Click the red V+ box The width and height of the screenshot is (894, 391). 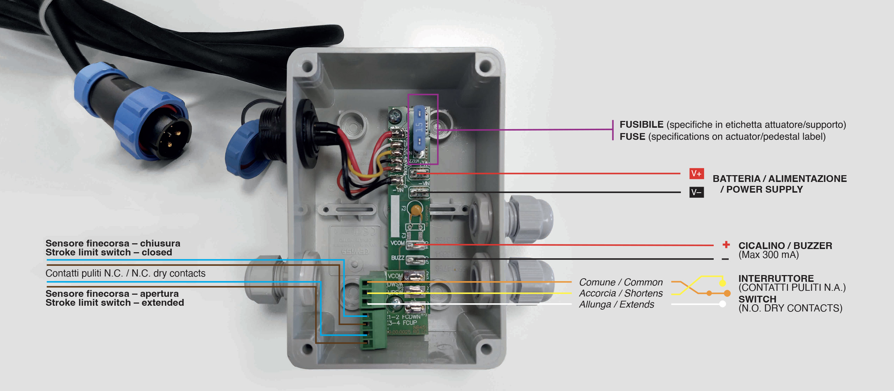click(x=696, y=174)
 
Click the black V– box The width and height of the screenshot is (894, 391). click(x=696, y=193)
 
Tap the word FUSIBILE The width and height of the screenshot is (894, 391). click(x=641, y=125)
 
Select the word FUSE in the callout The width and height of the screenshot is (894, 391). click(x=632, y=137)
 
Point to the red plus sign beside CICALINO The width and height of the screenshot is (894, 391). click(x=726, y=245)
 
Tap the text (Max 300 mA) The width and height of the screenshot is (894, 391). click(x=768, y=255)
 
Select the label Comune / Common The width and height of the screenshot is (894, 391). click(x=621, y=282)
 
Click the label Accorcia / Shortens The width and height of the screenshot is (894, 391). click(x=621, y=293)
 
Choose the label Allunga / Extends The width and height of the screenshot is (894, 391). click(x=617, y=304)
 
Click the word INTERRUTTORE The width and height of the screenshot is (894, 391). click(x=776, y=278)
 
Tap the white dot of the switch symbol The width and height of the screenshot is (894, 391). click(x=723, y=304)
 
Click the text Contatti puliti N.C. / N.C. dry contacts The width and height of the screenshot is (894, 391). click(x=125, y=273)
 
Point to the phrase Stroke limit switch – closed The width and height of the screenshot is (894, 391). click(x=109, y=253)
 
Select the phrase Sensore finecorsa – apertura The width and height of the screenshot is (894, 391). click(x=112, y=294)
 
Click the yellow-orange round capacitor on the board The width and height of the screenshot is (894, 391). click(x=416, y=210)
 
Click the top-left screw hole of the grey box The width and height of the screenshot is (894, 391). click(x=307, y=66)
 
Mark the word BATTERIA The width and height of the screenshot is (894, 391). click(x=736, y=179)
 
